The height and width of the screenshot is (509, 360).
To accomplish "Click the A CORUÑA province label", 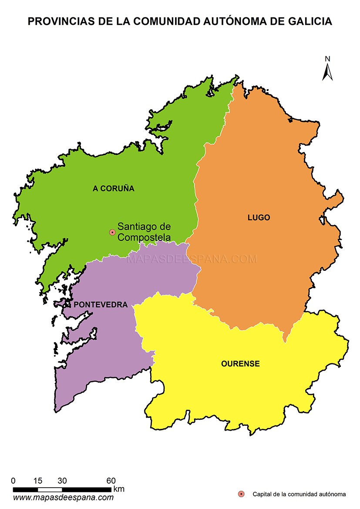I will (114, 189).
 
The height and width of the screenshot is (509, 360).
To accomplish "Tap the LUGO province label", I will (259, 218).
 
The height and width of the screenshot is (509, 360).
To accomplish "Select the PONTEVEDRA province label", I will (101, 304).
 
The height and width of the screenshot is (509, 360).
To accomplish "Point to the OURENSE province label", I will (240, 364).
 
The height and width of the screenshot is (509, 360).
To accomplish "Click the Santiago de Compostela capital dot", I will (112, 233).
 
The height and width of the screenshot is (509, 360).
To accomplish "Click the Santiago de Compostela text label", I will (144, 232).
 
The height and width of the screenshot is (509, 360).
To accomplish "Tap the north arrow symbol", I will (327, 72).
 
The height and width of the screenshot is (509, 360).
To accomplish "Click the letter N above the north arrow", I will (327, 59).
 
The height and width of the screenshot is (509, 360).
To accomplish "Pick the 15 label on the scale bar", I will (37, 481).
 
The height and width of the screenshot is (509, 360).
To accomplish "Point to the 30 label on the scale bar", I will (62, 481).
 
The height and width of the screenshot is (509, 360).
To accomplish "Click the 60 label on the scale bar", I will (111, 481).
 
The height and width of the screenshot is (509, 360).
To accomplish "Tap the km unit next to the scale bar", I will (118, 489).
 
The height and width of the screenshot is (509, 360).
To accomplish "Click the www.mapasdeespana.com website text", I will (63, 497).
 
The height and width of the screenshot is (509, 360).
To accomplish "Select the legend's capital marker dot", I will (242, 494).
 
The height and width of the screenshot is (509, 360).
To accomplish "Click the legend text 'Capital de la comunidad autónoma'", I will (299, 494).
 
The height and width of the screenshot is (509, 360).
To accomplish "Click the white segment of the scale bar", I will (50, 490).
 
